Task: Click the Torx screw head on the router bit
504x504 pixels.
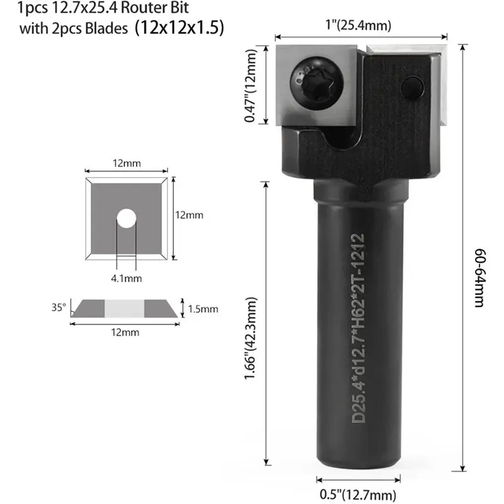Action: (x=317, y=84)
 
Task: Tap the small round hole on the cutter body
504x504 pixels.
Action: (x=412, y=88)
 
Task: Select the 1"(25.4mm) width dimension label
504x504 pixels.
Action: (x=358, y=25)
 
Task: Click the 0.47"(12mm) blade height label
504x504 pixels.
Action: (x=251, y=86)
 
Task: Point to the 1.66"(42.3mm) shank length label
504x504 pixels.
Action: (x=251, y=338)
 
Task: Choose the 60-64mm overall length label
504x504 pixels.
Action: (x=480, y=278)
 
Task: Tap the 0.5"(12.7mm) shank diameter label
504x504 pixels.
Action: (x=358, y=495)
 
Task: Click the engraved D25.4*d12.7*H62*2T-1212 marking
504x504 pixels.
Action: (x=358, y=328)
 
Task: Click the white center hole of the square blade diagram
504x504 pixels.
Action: (x=127, y=219)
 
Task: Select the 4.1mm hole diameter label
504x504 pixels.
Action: (x=127, y=278)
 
